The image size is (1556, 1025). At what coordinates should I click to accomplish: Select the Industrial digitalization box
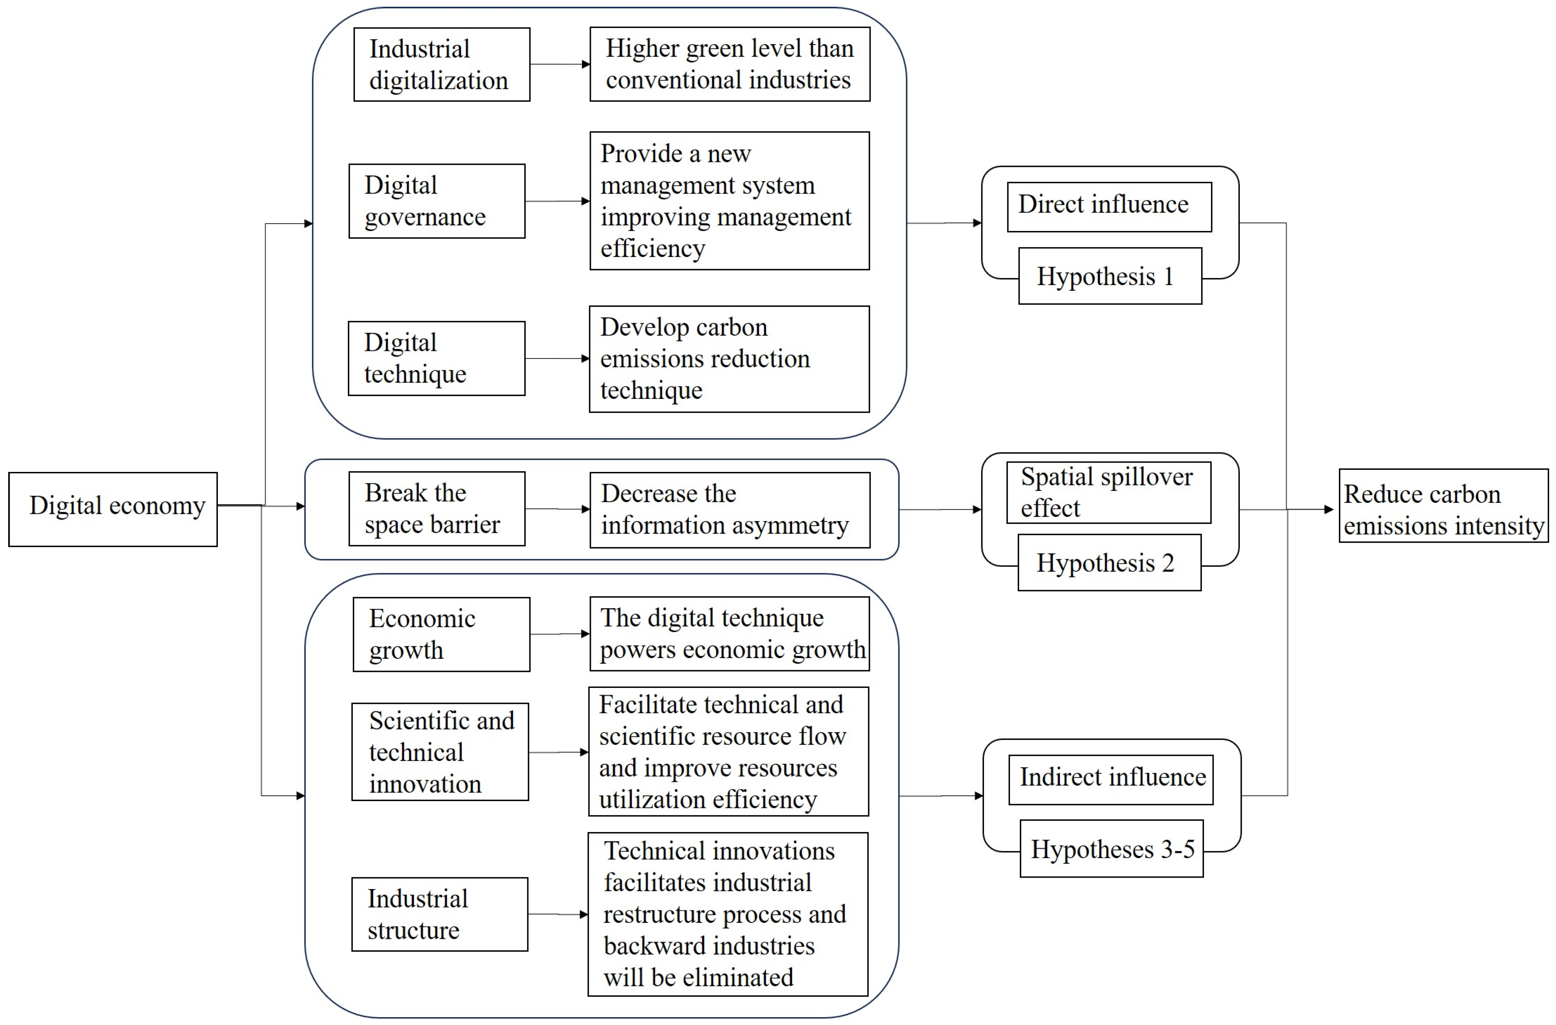[x=441, y=64]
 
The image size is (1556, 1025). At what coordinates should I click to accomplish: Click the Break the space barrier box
[x=437, y=509]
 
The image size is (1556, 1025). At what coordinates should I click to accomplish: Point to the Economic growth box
[x=441, y=634]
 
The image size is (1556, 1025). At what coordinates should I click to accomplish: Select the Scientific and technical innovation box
[x=440, y=752]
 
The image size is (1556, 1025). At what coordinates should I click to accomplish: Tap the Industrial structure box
[x=439, y=914]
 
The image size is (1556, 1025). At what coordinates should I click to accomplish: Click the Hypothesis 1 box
[x=1110, y=276]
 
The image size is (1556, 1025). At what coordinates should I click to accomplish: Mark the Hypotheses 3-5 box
[x=1111, y=848]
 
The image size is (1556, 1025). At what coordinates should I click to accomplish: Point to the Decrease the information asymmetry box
[x=730, y=510]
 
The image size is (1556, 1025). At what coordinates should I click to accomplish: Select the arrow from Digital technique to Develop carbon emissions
[x=557, y=358]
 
